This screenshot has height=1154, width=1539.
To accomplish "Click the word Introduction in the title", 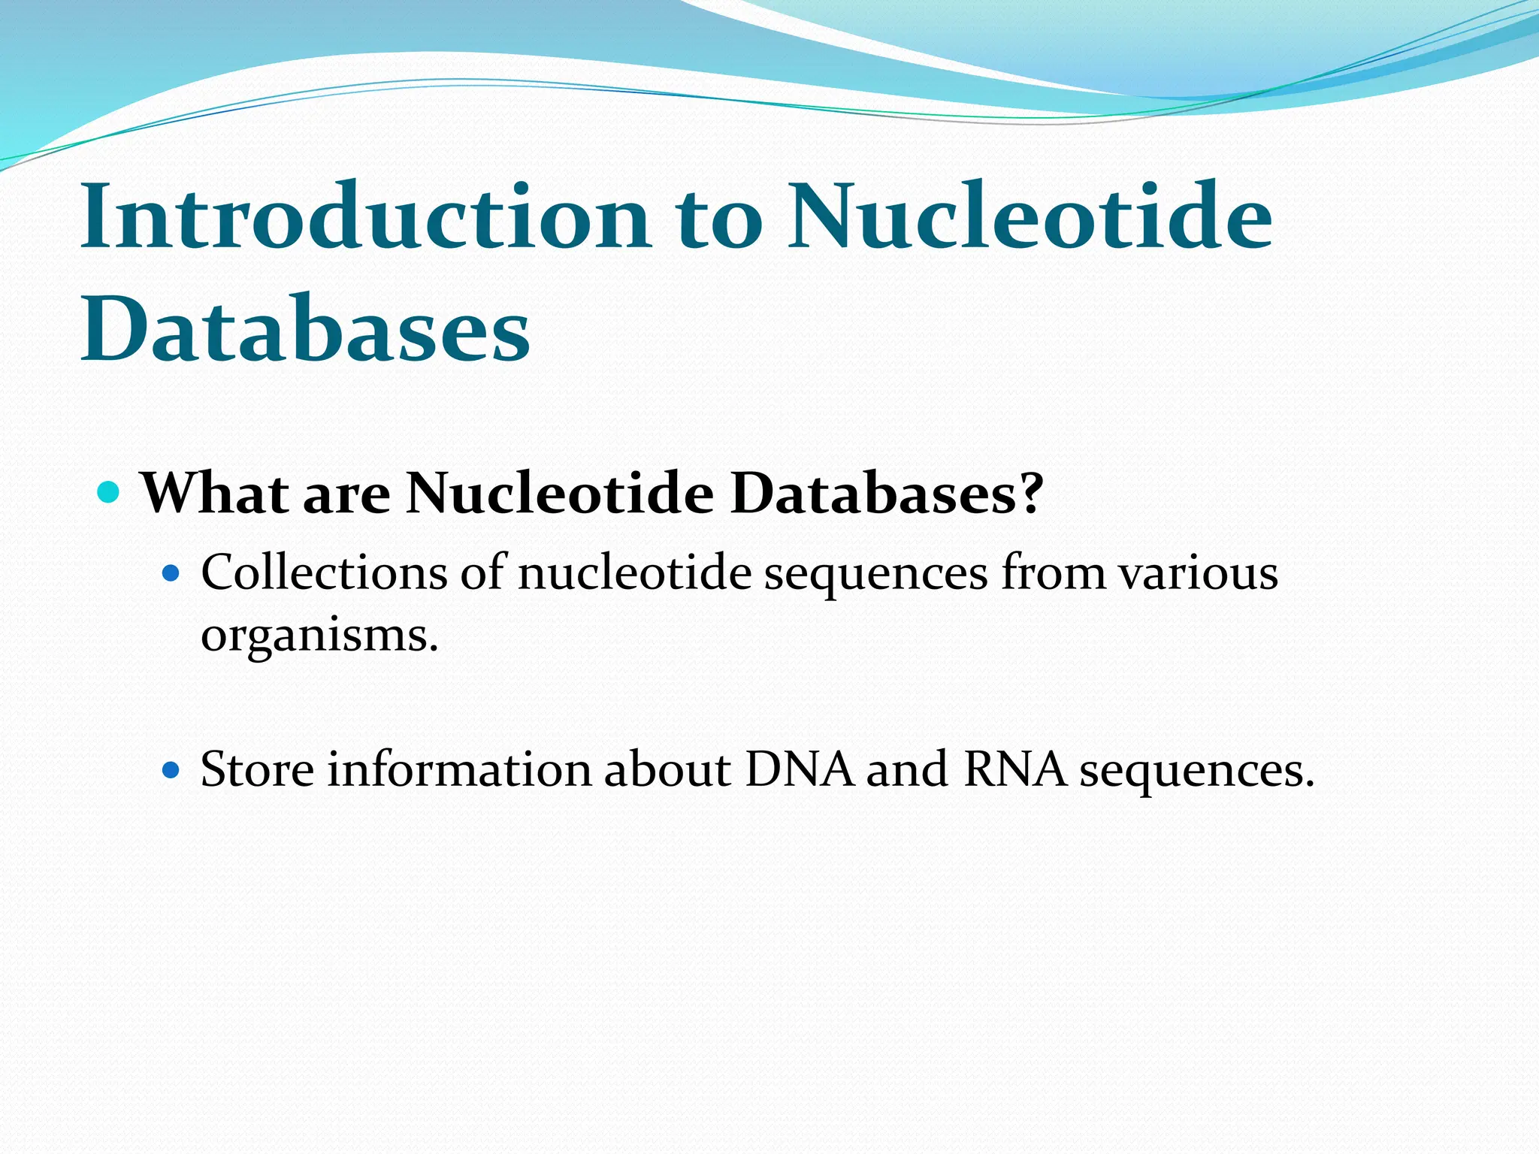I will click(x=365, y=218).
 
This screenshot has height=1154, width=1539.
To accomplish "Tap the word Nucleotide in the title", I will click(x=1030, y=218).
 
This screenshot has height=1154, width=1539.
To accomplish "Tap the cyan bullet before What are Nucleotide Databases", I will click(x=109, y=494).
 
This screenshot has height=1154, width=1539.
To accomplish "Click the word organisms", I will click(x=319, y=636).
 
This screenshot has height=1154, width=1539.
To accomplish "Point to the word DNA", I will click(x=800, y=769).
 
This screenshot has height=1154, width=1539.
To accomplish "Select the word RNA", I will click(x=1014, y=769).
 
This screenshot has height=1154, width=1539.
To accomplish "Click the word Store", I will click(x=257, y=769).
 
